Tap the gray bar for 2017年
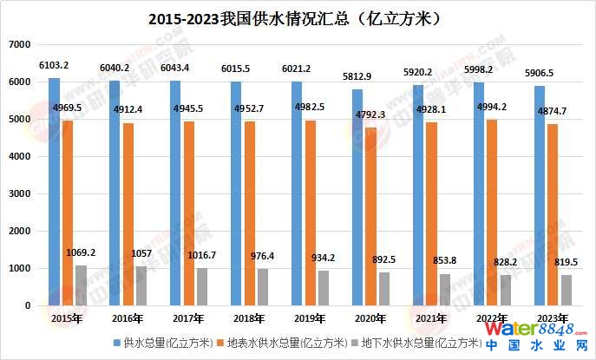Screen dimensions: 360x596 pos(202,286)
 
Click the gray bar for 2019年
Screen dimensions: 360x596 pos(323,288)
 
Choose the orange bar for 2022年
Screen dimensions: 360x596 pos(493,213)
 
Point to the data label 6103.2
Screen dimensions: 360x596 pos(55,65)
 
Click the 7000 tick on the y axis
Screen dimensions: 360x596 pos(19,44)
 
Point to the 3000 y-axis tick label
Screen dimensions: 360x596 pos(19,193)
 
